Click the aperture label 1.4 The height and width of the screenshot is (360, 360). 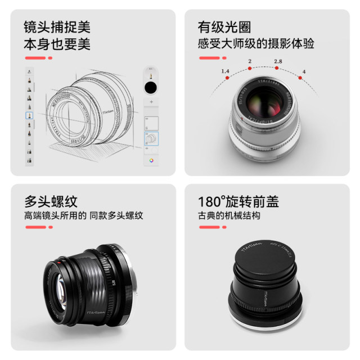tap(226, 71)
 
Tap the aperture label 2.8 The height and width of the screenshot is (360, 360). tap(277, 61)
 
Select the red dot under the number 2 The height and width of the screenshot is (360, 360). tap(249, 68)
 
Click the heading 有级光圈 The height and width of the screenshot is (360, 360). tap(224, 27)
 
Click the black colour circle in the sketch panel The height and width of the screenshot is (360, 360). tap(150, 87)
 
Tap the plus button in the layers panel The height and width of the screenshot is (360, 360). tap(150, 102)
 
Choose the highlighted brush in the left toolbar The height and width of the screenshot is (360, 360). tap(29, 115)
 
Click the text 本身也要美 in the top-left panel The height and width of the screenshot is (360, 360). tap(57, 43)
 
